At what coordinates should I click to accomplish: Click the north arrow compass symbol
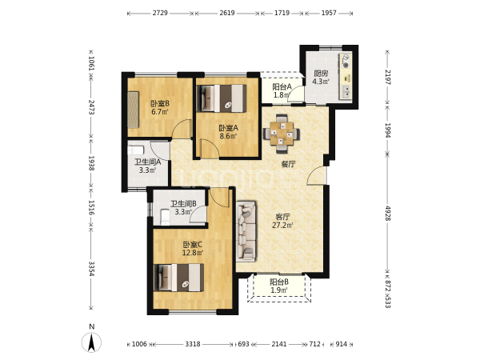91,342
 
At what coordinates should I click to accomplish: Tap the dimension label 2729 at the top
160,13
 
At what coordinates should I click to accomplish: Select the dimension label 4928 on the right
388,214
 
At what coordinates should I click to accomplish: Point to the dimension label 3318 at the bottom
193,344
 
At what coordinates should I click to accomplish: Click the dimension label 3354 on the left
91,269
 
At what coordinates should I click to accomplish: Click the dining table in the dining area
282,134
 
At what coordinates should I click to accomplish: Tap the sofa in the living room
246,231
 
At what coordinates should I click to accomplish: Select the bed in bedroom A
222,98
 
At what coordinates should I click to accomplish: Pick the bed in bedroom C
179,278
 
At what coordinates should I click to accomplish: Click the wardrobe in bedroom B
133,110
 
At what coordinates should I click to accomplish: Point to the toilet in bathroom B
166,217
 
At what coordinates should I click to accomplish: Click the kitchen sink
346,92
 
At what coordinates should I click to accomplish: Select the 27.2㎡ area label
282,226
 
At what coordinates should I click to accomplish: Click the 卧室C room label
193,245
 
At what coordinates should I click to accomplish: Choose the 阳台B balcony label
279,282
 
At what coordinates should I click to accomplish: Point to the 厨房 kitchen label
321,74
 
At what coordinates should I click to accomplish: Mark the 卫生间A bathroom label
147,162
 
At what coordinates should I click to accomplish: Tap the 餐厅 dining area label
288,164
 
